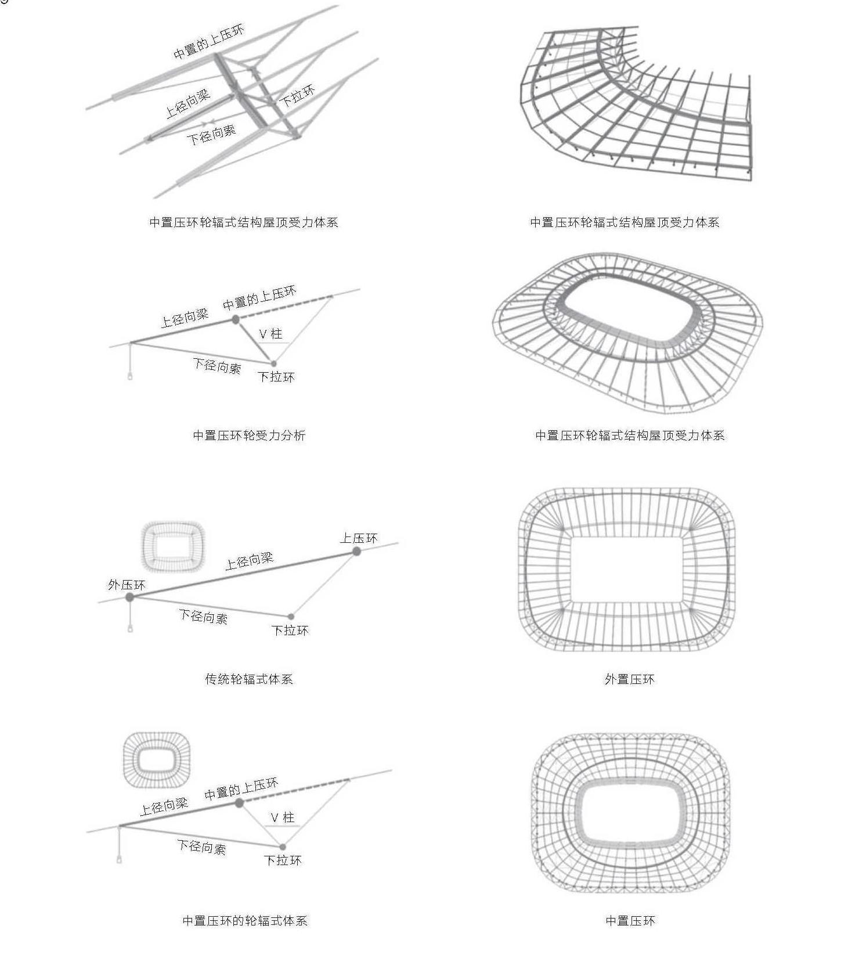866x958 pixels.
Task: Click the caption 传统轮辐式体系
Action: tap(249, 679)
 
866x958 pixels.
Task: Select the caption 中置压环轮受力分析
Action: tap(249, 435)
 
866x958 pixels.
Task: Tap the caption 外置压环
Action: tap(630, 679)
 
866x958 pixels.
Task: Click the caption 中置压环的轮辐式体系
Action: tap(244, 920)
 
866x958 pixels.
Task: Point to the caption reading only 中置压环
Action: tap(630, 920)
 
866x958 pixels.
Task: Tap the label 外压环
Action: tap(127, 585)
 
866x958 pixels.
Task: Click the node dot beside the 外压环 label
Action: tap(130, 597)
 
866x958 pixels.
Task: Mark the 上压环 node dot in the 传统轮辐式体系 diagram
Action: tap(357, 551)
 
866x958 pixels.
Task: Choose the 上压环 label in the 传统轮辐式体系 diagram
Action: tap(359, 538)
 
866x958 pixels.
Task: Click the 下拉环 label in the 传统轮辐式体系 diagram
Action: tap(290, 630)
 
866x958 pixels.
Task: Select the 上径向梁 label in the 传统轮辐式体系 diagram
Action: tap(249, 561)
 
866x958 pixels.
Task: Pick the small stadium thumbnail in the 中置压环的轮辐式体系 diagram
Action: tap(157, 760)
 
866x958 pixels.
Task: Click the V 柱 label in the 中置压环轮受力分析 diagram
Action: tap(270, 334)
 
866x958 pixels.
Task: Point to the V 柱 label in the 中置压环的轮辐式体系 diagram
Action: tap(283, 817)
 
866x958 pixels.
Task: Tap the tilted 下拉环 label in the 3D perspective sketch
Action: tap(297, 95)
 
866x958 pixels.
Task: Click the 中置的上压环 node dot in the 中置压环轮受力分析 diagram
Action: tap(235, 319)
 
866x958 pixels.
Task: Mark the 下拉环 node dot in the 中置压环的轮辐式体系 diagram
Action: tap(283, 847)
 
